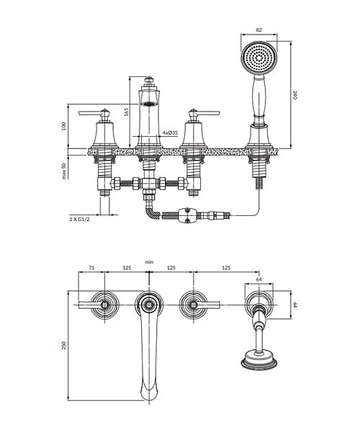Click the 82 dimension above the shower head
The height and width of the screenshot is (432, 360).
pyautogui.click(x=258, y=30)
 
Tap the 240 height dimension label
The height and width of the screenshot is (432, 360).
pyautogui.click(x=294, y=95)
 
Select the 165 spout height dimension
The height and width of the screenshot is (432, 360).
pyautogui.click(x=127, y=112)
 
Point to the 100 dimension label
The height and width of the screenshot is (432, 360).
pyautogui.click(x=64, y=126)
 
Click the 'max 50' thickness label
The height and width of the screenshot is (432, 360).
pyautogui.click(x=64, y=171)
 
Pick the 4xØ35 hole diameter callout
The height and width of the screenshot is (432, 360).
pyautogui.click(x=170, y=132)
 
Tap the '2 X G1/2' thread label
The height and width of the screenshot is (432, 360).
pyautogui.click(x=80, y=220)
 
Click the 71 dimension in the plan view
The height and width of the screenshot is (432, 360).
pyautogui.click(x=91, y=268)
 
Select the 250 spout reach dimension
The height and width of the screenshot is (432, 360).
pyautogui.click(x=64, y=346)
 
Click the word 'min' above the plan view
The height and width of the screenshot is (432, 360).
pyautogui.click(x=149, y=262)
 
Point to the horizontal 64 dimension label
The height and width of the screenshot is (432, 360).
pyautogui.click(x=259, y=279)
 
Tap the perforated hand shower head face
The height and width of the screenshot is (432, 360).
pyautogui.click(x=259, y=58)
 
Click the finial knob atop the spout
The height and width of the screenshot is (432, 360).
pyautogui.click(x=149, y=81)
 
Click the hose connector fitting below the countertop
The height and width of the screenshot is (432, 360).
pyautogui.click(x=189, y=215)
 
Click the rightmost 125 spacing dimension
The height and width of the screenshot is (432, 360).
pyautogui.click(x=225, y=268)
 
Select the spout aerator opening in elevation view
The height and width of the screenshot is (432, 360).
pyautogui.click(x=149, y=104)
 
